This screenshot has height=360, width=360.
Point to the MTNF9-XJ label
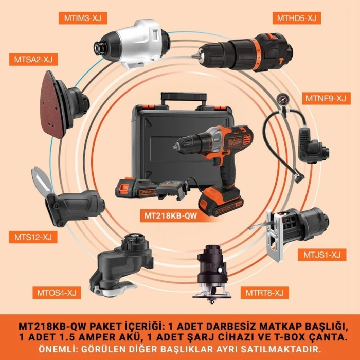326,98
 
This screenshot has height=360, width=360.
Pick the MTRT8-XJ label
263,293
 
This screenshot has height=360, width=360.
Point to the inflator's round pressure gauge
281,98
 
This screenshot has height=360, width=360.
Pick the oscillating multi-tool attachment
120,265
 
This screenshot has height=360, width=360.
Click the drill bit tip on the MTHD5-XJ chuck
194,53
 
